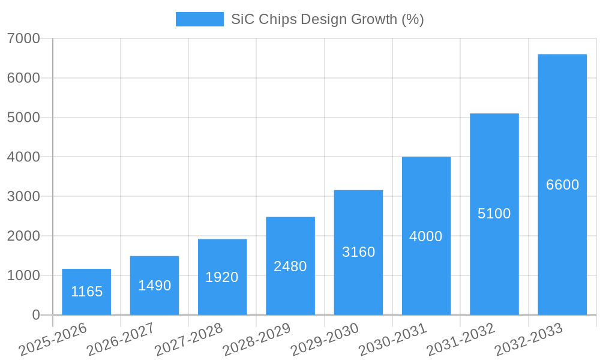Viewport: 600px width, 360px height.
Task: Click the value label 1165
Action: click(86, 292)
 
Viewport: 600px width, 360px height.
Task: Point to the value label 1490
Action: click(154, 286)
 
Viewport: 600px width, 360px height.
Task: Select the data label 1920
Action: click(222, 277)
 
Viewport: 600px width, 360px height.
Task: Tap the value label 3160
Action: click(358, 252)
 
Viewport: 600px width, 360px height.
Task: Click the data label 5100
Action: click(494, 214)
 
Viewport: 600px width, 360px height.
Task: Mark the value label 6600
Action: click(562, 185)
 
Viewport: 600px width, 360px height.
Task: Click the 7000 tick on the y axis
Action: click(24, 38)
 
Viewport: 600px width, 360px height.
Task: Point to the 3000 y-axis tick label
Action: click(24, 197)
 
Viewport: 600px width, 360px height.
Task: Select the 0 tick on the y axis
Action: click(35, 315)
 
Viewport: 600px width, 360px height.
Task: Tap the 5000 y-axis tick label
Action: click(24, 118)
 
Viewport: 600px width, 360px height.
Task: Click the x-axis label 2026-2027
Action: click(121, 340)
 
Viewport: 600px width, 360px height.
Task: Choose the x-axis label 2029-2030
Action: click(325, 340)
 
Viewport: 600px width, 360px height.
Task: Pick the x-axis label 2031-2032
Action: click(461, 340)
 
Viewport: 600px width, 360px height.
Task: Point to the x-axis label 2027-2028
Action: click(188, 340)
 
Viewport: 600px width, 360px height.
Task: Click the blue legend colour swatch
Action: click(199, 19)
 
